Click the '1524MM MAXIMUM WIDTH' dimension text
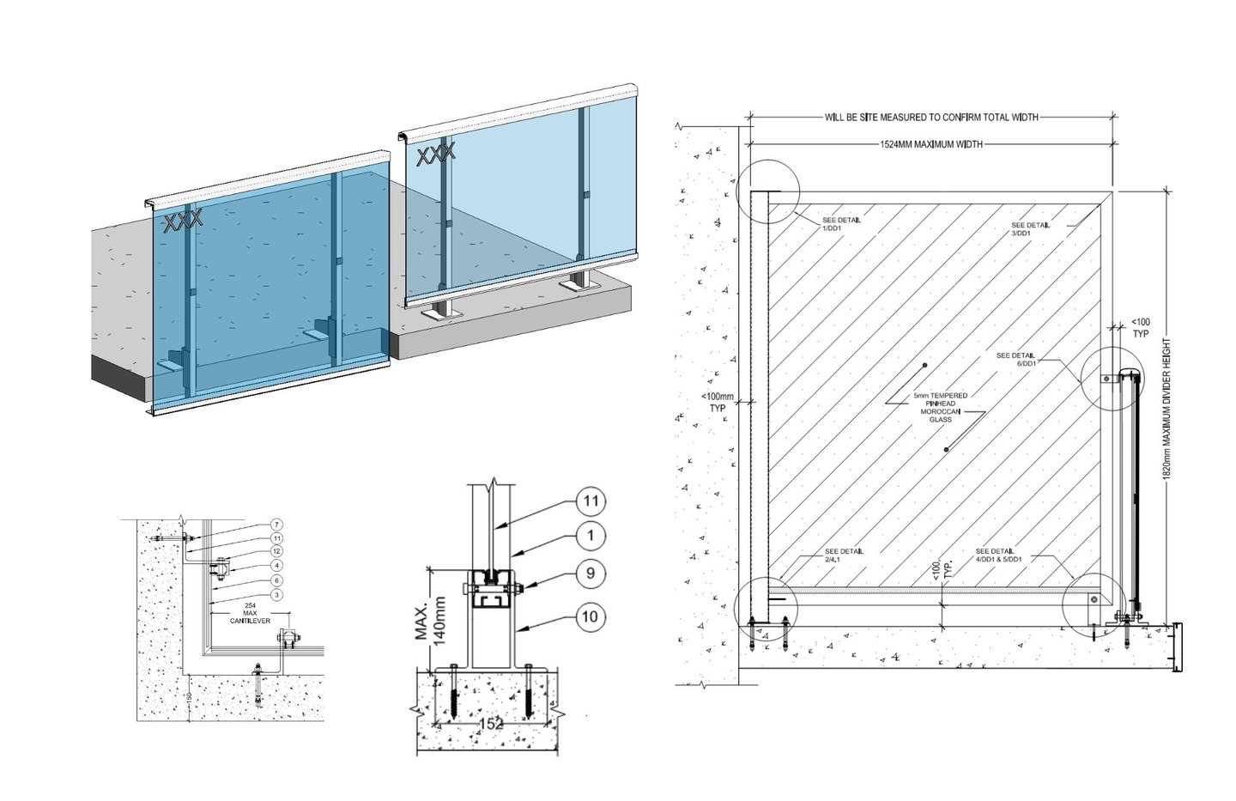(931, 144)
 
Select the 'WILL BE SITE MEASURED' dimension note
(931, 117)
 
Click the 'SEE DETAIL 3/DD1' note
(1030, 229)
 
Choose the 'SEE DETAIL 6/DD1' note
(1015, 359)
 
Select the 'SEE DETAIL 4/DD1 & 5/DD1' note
(1003, 555)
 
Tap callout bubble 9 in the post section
(591, 573)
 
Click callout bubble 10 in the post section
(591, 616)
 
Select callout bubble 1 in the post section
(591, 537)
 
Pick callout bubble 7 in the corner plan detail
(276, 524)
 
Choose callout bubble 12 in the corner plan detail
(276, 550)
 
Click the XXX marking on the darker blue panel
(183, 220)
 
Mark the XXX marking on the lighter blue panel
(435, 155)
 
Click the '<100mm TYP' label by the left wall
(718, 401)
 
